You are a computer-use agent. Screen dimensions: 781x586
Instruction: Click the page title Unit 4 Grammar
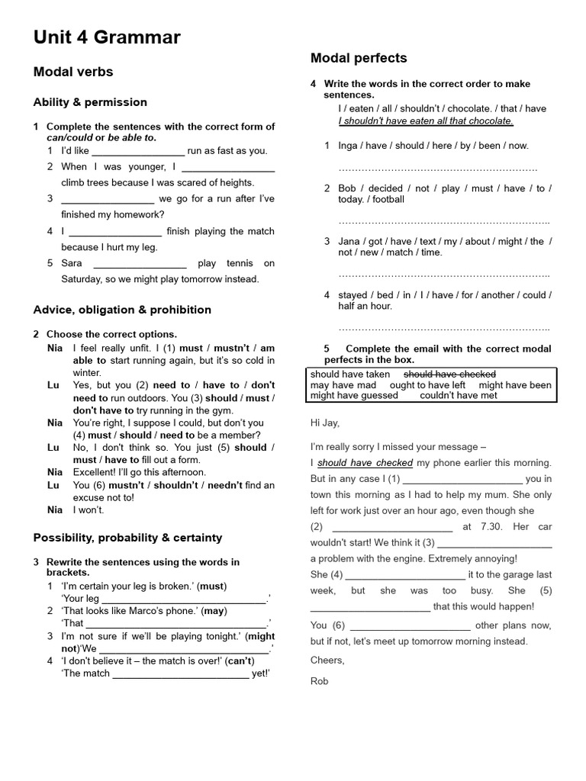click(x=107, y=37)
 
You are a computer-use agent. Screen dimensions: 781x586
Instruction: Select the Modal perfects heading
click(x=359, y=58)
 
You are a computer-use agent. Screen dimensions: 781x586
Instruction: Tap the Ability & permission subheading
click(x=90, y=102)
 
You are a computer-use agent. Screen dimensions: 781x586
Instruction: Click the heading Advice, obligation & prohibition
click(x=122, y=310)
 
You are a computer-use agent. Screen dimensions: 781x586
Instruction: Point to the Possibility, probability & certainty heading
click(x=127, y=538)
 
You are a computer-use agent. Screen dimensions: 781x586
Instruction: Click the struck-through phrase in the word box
click(x=449, y=374)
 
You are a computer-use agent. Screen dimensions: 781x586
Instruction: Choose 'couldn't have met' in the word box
click(x=458, y=396)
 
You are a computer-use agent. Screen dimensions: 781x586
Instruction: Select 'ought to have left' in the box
click(x=427, y=385)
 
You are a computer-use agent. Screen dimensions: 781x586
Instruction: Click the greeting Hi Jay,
click(x=325, y=423)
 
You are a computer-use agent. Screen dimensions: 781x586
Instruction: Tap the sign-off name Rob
click(x=319, y=681)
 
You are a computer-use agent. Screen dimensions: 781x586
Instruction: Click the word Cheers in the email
click(x=327, y=660)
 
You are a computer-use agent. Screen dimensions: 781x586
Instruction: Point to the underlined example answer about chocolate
click(x=426, y=121)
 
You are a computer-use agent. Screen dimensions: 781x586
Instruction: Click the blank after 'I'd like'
click(x=138, y=151)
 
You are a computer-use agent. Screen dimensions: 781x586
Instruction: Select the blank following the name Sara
click(x=140, y=264)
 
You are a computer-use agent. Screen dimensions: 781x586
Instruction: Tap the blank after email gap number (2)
click(x=392, y=527)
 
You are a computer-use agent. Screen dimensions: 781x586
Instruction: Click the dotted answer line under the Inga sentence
click(x=438, y=168)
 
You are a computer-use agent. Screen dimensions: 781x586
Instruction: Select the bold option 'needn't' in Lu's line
click(x=221, y=485)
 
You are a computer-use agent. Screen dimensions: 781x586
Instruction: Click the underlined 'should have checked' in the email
click(x=365, y=463)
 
